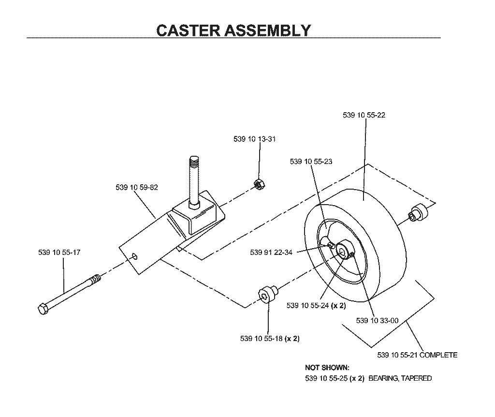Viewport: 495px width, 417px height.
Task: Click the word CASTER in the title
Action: click(x=188, y=30)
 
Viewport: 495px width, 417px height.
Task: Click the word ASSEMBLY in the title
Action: click(x=268, y=30)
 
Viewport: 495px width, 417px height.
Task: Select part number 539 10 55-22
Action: click(x=364, y=115)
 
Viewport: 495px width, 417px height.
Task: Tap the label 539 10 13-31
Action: click(x=254, y=139)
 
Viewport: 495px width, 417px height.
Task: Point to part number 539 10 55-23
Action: click(x=311, y=162)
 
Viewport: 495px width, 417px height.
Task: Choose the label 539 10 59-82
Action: click(x=137, y=187)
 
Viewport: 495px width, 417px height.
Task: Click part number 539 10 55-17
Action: click(x=59, y=253)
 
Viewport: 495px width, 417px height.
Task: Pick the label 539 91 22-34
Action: click(x=271, y=253)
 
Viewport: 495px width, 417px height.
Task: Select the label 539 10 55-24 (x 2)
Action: click(x=316, y=305)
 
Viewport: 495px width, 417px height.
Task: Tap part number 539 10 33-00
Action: click(x=377, y=321)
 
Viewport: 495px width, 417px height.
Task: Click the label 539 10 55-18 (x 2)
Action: click(x=270, y=339)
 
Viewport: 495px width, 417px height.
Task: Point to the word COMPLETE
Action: click(x=438, y=355)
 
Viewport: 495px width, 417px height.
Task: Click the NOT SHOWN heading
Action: click(x=327, y=368)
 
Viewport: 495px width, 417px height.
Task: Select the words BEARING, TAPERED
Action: click(x=400, y=378)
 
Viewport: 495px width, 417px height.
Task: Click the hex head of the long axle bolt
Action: click(x=43, y=309)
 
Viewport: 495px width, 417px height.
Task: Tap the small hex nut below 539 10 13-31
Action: click(x=259, y=184)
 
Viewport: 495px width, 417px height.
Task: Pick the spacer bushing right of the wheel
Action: click(x=419, y=212)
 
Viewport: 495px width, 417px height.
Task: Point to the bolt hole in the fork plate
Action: click(x=135, y=256)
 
